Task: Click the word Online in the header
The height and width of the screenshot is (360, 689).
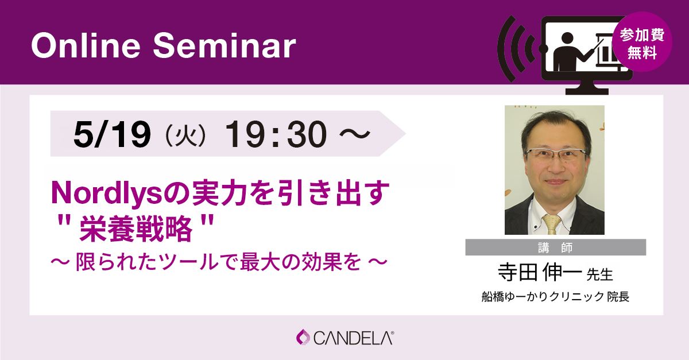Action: [86, 45]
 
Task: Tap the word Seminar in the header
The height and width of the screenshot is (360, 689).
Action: [224, 45]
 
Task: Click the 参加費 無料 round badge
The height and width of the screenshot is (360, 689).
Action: [642, 42]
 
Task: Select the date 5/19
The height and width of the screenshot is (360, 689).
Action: [113, 134]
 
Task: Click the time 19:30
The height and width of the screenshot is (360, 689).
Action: [276, 134]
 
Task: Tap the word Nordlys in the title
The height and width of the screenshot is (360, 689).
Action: [106, 193]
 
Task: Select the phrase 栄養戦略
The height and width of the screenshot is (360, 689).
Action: [136, 229]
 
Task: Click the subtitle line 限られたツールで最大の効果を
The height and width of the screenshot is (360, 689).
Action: [218, 262]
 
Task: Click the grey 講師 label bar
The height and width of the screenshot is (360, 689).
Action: [556, 247]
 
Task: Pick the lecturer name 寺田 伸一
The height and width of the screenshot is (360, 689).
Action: [540, 273]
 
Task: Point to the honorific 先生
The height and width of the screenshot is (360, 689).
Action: [599, 275]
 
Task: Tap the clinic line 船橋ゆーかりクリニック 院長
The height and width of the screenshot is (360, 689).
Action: [556, 297]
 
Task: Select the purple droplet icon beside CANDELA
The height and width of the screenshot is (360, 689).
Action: [303, 337]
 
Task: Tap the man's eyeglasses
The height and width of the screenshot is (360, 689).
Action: [556, 154]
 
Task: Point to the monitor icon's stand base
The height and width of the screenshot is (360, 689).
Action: [587, 91]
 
